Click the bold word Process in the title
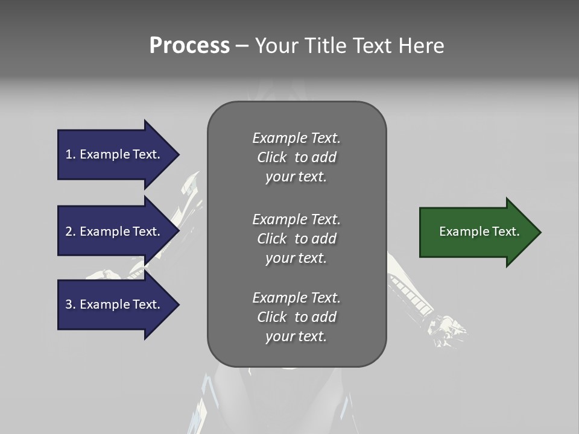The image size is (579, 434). click(189, 46)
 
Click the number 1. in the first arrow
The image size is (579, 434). click(70, 154)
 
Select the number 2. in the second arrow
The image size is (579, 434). click(70, 231)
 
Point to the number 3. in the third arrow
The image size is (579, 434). click(70, 304)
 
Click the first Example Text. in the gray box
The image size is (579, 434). click(296, 138)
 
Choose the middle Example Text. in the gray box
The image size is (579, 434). click(296, 219)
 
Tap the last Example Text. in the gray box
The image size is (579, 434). click(296, 298)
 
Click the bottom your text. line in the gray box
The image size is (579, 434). click(296, 336)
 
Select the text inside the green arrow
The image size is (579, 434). click(479, 231)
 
